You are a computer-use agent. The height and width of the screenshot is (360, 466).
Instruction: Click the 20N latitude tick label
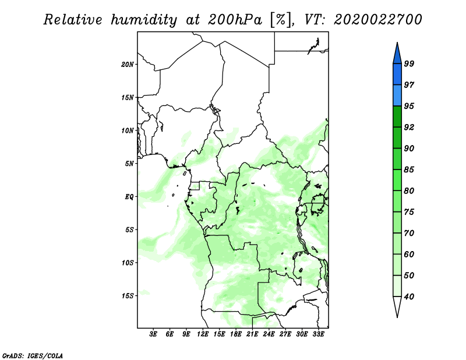128,65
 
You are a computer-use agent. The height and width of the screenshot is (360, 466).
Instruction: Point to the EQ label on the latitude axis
129,197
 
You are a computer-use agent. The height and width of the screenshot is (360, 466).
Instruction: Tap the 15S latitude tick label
128,296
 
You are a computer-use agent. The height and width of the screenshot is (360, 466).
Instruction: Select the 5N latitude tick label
129,164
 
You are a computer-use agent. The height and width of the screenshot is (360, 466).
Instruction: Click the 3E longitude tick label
153,334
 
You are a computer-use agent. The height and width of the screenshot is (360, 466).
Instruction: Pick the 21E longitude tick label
252,334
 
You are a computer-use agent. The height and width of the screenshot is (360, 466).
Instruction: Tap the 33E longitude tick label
318,334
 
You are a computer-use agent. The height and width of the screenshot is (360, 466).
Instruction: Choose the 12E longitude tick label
203,334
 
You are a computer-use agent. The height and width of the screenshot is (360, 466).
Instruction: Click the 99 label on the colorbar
409,63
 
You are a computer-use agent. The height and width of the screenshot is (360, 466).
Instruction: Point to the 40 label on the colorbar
409,297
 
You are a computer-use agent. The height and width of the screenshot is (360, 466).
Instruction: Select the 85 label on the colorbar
409,170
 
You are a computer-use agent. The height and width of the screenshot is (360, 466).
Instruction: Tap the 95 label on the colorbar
409,106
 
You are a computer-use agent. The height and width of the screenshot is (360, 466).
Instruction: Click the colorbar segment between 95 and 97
397,96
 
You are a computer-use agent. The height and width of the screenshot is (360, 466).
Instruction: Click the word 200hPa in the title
235,20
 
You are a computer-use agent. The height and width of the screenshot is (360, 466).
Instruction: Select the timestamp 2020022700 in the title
377,20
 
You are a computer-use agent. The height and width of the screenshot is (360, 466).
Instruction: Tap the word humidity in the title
144,20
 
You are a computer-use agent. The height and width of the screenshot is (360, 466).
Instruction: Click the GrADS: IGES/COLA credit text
33,356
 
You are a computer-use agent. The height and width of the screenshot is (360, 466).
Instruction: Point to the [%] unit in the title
280,20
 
